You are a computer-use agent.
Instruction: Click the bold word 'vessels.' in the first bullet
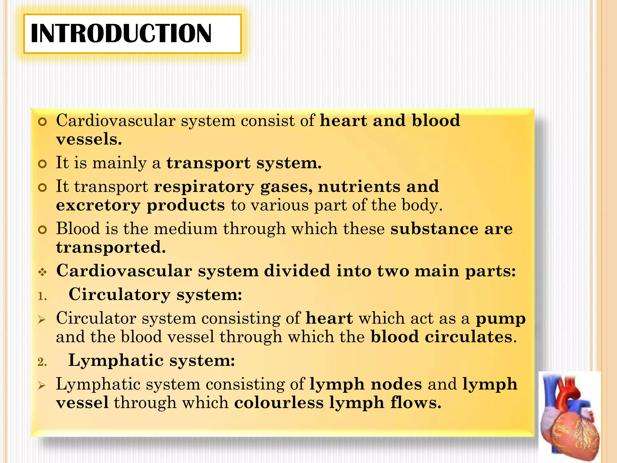(89, 139)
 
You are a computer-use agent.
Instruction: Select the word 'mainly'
(119, 163)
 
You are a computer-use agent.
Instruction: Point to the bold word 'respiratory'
(204, 187)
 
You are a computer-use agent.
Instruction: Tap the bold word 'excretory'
(98, 206)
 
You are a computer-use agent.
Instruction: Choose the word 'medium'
(186, 228)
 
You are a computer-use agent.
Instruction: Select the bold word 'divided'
(297, 271)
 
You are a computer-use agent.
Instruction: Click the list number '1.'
(42, 297)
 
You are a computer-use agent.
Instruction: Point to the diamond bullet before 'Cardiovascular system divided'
(42, 272)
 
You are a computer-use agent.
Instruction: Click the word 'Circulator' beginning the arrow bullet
(96, 318)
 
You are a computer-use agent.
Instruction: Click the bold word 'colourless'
(279, 403)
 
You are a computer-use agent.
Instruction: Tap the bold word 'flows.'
(416, 403)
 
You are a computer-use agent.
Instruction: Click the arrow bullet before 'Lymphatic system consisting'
(42, 385)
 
